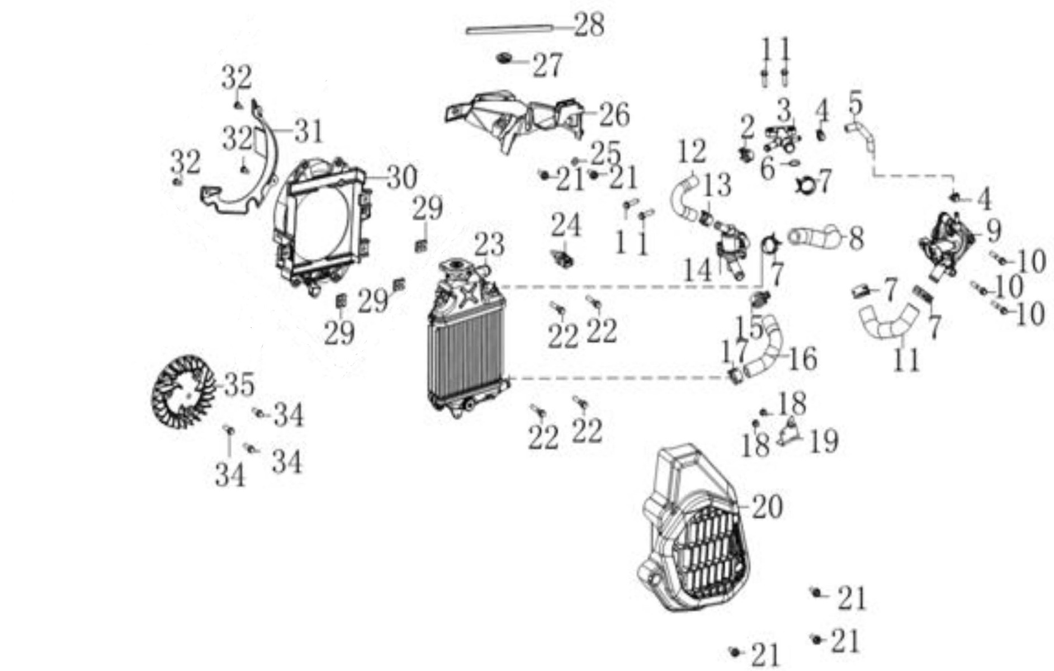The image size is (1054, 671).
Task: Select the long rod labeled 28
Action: (x=509, y=29)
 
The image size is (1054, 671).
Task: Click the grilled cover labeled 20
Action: (x=699, y=537)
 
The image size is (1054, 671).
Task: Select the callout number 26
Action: (x=614, y=115)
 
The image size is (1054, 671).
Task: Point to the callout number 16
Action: (x=802, y=359)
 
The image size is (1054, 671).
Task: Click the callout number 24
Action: (x=566, y=226)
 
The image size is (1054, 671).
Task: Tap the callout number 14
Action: (x=698, y=271)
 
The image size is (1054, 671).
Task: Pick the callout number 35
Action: (x=239, y=385)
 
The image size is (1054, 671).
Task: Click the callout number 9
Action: (x=993, y=230)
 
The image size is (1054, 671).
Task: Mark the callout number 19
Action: (x=824, y=442)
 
